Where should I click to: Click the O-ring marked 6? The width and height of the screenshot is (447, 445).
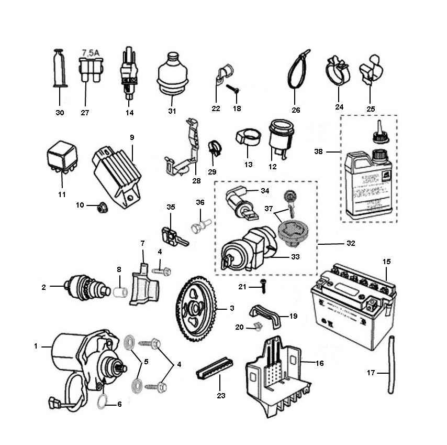click(103, 402)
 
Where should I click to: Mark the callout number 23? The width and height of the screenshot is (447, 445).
click(221, 395)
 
